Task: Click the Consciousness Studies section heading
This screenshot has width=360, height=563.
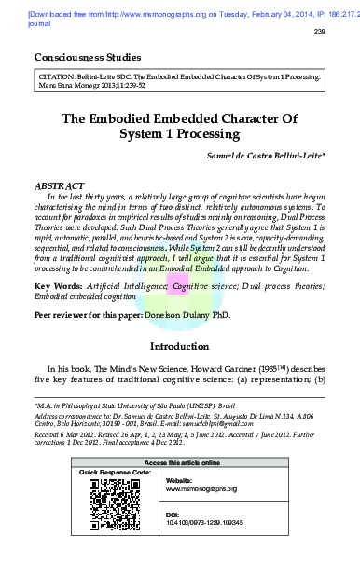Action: click(x=83, y=58)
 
